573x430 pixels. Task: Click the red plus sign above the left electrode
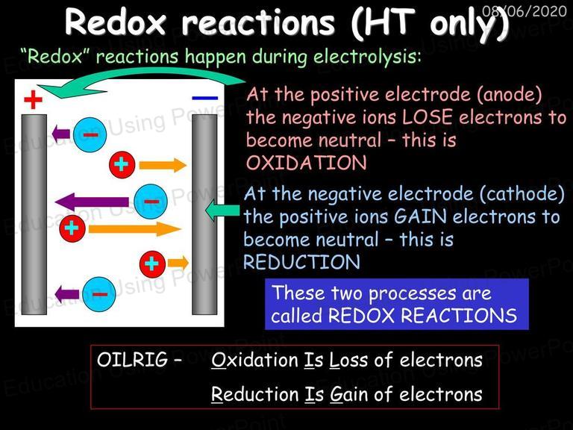34,100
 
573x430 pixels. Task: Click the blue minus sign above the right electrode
204,98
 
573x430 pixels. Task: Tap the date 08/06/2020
525,11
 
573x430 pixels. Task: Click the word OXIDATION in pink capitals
306,163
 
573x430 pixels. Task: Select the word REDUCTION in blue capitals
302,262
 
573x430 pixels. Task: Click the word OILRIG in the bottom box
132,359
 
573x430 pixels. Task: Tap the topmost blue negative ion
90,134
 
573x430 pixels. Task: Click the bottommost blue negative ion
99,293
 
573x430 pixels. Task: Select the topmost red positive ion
122,164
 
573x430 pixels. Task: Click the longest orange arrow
135,229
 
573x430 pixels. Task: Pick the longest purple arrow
92,202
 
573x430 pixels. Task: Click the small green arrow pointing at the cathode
222,211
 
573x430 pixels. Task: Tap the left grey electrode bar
34,214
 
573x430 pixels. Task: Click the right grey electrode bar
204,214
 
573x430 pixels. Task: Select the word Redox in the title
116,22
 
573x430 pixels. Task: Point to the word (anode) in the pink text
509,95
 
